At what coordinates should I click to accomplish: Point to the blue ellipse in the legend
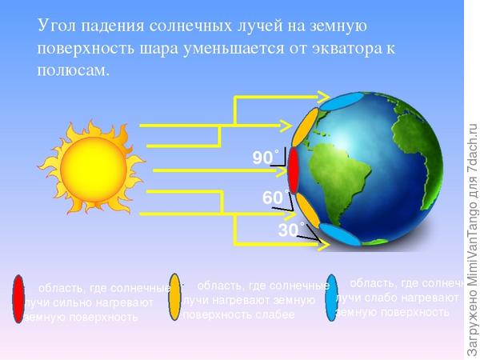click(332, 298)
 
